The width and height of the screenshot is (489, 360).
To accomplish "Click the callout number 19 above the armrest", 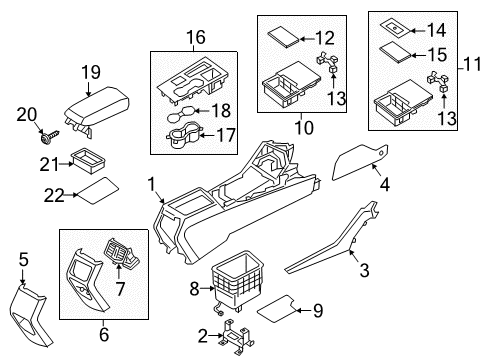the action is click(91, 72).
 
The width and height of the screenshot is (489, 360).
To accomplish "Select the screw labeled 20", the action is click(49, 136).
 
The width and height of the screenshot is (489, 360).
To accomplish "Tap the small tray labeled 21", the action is click(88, 161).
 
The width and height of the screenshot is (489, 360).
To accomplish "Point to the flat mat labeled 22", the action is click(97, 191).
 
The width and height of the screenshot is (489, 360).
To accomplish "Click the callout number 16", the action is click(196, 37).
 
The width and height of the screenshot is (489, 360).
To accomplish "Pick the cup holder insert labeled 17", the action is click(182, 134).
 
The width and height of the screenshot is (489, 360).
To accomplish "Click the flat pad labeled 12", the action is click(284, 37).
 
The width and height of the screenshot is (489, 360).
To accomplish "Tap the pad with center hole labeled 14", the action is click(395, 28).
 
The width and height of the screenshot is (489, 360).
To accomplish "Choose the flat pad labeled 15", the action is click(396, 52).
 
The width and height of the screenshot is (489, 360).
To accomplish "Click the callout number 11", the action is click(472, 64).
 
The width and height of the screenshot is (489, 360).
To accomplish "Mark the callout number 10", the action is click(304, 128).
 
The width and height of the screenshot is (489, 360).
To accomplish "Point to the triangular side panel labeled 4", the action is click(360, 162).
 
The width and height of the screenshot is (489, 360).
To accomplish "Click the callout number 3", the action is click(364, 270).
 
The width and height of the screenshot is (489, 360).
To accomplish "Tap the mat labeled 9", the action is click(276, 309).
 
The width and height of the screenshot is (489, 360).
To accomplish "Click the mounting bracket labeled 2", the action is click(237, 337).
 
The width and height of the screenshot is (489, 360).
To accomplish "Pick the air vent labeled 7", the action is click(122, 254).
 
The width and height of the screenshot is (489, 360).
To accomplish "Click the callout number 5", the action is click(24, 259).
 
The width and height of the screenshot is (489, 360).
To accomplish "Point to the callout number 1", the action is click(152, 184).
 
